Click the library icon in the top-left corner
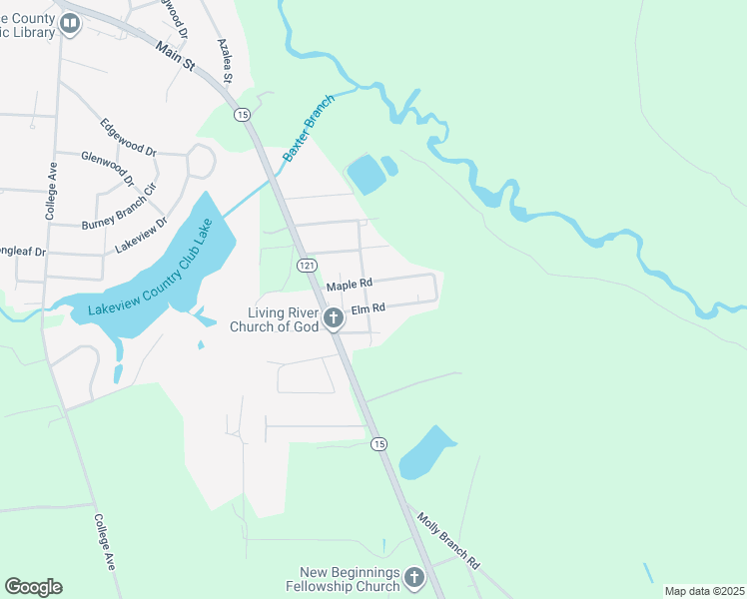click(x=69, y=25)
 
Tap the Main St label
click(x=175, y=56)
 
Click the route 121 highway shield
click(x=307, y=265)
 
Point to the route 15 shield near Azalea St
click(x=242, y=115)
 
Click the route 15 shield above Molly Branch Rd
click(x=377, y=443)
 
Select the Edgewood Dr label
click(x=129, y=138)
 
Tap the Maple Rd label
click(x=350, y=285)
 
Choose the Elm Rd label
click(x=368, y=309)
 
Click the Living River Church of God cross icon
click(x=334, y=318)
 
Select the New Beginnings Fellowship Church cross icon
click(x=413, y=578)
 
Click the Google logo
click(x=33, y=587)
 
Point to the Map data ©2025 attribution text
click(x=703, y=591)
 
